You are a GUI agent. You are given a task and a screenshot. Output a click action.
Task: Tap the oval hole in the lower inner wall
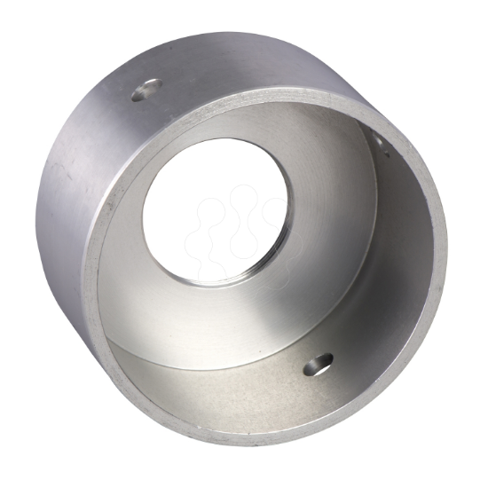(x=318, y=363)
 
